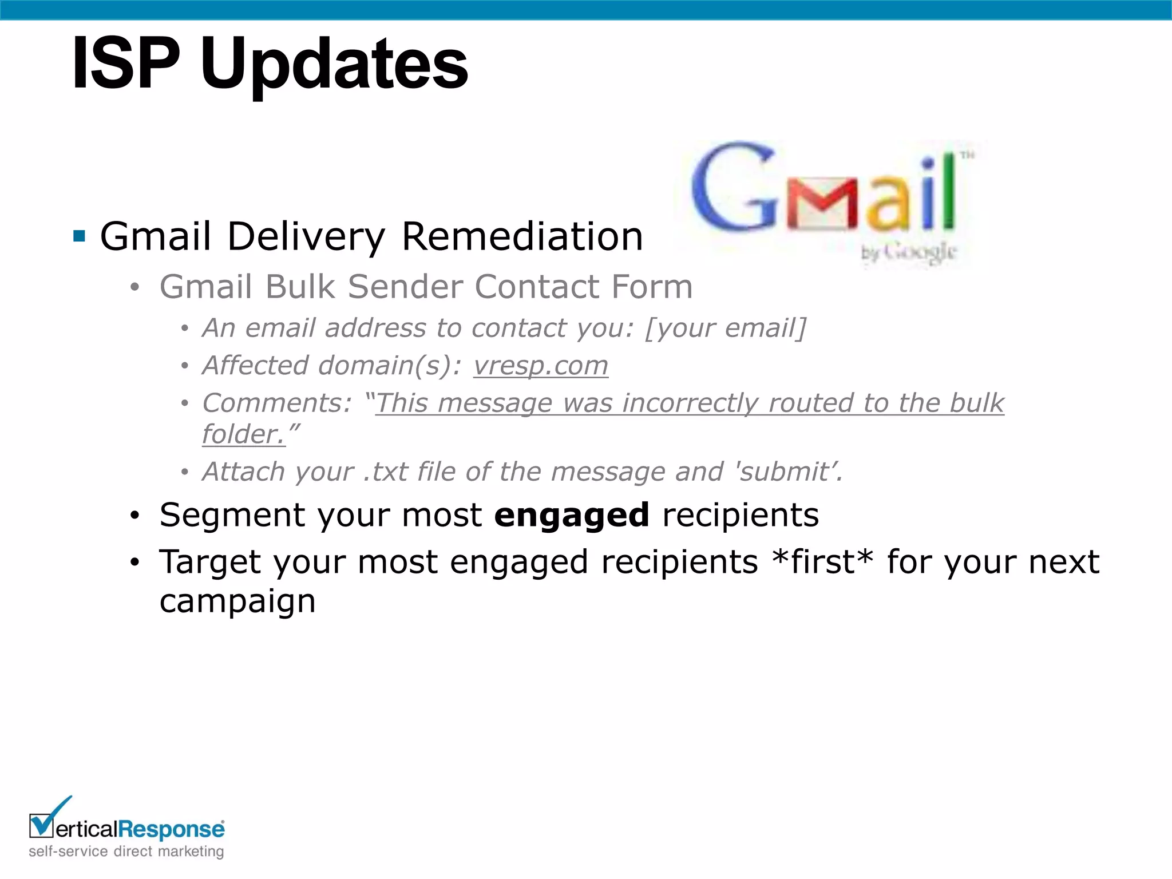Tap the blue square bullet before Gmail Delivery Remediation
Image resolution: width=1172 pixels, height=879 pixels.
point(80,236)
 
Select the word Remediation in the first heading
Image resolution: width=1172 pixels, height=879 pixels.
point(522,236)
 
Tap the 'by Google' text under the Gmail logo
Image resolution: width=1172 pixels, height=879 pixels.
point(909,252)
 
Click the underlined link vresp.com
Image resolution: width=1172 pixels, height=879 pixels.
point(540,366)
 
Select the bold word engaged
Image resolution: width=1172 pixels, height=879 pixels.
point(571,514)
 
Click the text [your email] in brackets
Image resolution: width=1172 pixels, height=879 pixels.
point(725,328)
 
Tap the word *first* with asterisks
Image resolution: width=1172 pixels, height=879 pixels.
point(822,561)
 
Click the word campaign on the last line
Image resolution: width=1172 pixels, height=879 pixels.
point(237,601)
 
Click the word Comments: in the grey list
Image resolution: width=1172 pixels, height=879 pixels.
point(277,403)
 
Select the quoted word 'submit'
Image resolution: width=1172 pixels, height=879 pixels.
point(787,472)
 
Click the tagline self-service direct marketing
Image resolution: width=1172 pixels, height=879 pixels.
point(126,852)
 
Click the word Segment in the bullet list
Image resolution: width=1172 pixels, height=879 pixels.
point(232,514)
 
